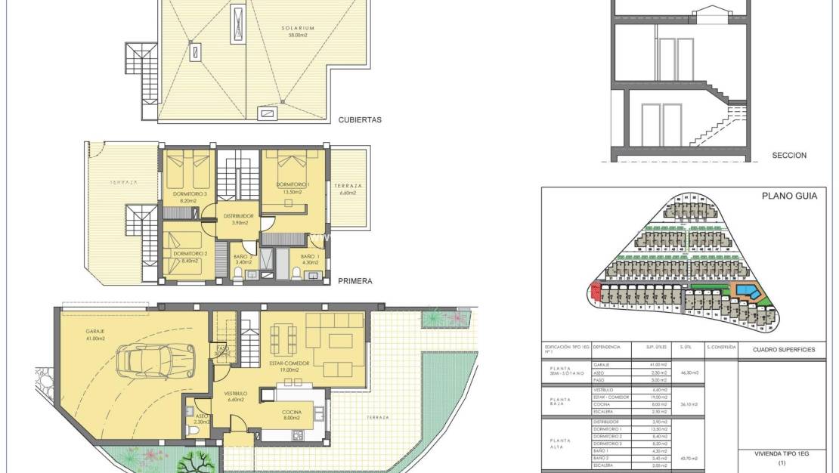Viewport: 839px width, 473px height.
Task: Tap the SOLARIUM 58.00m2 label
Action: pos(297,31)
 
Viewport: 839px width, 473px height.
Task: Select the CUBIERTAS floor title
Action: pos(360,119)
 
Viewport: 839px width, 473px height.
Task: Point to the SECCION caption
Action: pos(789,156)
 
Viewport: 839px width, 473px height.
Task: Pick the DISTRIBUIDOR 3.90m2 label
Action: pos(238,219)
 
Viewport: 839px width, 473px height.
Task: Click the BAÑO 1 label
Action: pos(310,259)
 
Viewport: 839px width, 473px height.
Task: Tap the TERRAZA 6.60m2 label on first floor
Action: pos(348,189)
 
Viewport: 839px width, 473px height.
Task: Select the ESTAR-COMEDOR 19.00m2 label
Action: pos(289,366)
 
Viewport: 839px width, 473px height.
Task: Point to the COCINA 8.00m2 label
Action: pos(292,414)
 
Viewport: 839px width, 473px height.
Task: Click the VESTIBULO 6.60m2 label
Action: pos(236,397)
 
